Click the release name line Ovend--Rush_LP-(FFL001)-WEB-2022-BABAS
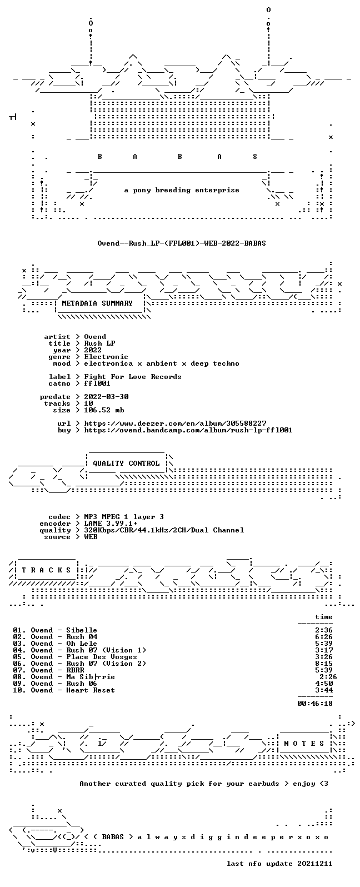pyautogui.click(x=181, y=243)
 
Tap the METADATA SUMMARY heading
pyautogui.click(x=97, y=303)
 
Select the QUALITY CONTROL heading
pyautogui.click(x=126, y=464)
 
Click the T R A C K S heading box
pyautogui.click(x=46, y=570)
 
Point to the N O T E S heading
pyautogui.click(x=304, y=744)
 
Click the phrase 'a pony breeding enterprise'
pyautogui.click(x=182, y=190)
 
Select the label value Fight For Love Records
pyautogui.click(x=133, y=377)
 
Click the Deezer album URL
pyautogui.click(x=175, y=423)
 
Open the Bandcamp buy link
pyautogui.click(x=188, y=430)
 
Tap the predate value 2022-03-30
pyautogui.click(x=106, y=397)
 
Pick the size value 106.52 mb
pyautogui.click(x=104, y=410)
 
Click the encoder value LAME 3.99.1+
pyautogui.click(x=111, y=524)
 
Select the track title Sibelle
pyautogui.click(x=82, y=630)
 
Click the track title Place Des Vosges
pyautogui.click(x=101, y=657)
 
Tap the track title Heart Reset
pyautogui.click(x=91, y=690)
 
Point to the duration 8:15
pyautogui.click(x=324, y=664)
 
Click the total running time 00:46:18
pyautogui.click(x=315, y=704)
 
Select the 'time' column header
pyautogui.click(x=324, y=617)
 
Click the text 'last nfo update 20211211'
pyautogui.click(x=279, y=864)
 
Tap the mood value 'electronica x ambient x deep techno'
pyautogui.click(x=162, y=363)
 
